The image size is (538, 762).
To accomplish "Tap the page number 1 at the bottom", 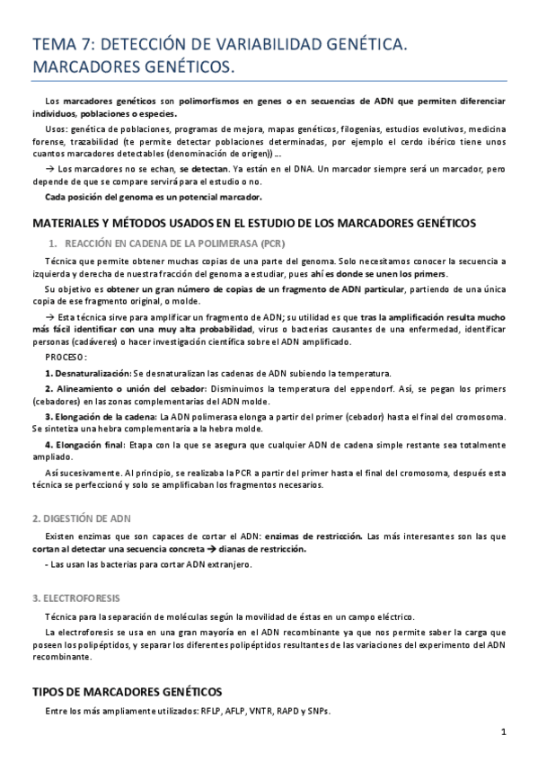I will coord(505,731).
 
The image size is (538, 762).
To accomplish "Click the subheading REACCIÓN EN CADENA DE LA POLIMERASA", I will coord(168,244).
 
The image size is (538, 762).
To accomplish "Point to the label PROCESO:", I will coord(66,356).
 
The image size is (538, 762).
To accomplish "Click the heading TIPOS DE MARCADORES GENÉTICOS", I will coord(127,691).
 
